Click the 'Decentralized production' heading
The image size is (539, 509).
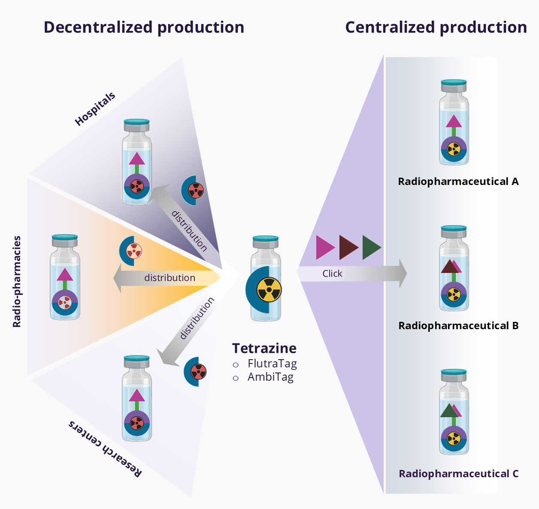144,27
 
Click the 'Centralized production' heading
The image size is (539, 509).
436,27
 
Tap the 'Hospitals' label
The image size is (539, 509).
95,109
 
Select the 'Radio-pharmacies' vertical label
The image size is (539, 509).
17,282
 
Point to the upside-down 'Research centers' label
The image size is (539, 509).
105,449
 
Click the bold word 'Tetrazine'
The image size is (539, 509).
264,348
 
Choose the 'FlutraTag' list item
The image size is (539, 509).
272,364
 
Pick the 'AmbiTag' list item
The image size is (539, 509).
270,377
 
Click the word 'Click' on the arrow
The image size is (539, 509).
332,274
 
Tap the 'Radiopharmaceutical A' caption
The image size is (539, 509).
458,182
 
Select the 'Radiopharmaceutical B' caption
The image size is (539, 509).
458,326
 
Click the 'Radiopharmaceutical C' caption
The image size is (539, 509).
458,474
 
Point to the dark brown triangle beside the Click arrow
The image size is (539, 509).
348,247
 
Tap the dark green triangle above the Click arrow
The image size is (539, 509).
371,247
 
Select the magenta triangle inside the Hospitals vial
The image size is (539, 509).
137,159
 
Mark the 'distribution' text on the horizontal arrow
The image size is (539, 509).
170,278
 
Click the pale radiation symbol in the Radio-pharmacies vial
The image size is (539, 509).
65,302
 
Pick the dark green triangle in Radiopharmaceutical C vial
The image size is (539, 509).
448,411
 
